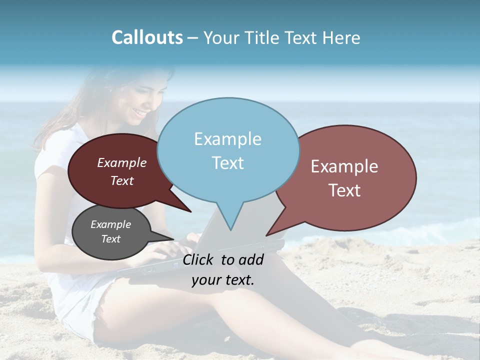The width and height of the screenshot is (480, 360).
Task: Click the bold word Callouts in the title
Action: click(x=147, y=37)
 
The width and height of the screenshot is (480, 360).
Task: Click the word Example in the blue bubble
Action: click(x=227, y=139)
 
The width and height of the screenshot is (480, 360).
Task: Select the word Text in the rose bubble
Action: click(x=344, y=190)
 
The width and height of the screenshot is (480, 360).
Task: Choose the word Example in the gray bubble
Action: click(x=110, y=224)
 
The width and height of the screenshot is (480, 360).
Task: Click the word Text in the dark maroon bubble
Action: click(x=122, y=181)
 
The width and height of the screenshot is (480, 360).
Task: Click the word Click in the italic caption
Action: click(x=199, y=259)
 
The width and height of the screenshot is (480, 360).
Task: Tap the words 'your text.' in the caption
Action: click(x=223, y=280)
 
